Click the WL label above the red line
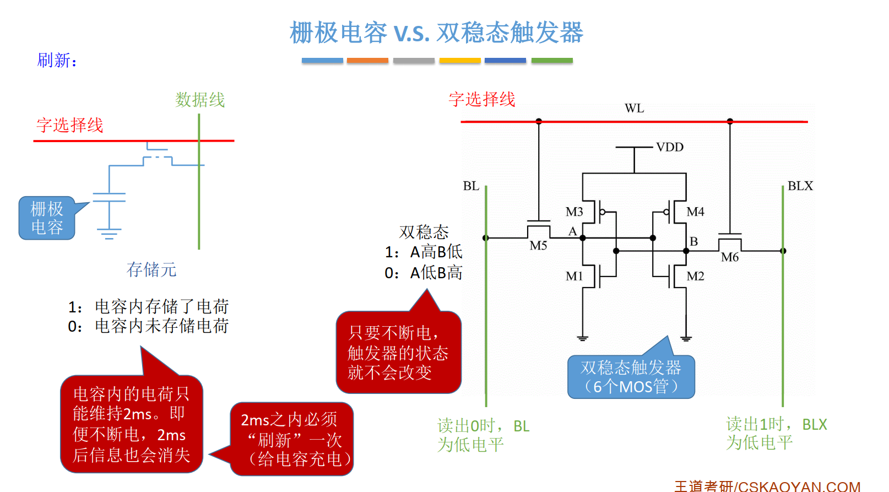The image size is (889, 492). click(634, 108)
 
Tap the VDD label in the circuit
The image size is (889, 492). click(670, 147)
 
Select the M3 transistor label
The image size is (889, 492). click(574, 212)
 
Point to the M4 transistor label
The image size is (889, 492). click(695, 212)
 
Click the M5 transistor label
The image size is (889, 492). click(538, 246)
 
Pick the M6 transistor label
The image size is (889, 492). click(730, 257)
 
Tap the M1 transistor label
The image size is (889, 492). click(574, 276)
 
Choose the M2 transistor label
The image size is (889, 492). click(695, 276)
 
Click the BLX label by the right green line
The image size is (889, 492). click(800, 186)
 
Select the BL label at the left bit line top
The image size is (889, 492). click(471, 186)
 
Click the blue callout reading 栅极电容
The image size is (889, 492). click(47, 218)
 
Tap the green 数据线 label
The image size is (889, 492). click(200, 100)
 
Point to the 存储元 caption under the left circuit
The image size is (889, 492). click(151, 269)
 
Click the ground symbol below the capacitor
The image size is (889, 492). click(109, 234)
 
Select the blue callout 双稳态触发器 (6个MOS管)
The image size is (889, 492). click(631, 377)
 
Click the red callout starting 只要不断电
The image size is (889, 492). click(398, 353)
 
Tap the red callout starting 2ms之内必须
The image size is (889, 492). click(292, 439)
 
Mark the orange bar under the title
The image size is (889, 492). click(367, 61)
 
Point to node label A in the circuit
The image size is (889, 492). click(572, 231)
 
